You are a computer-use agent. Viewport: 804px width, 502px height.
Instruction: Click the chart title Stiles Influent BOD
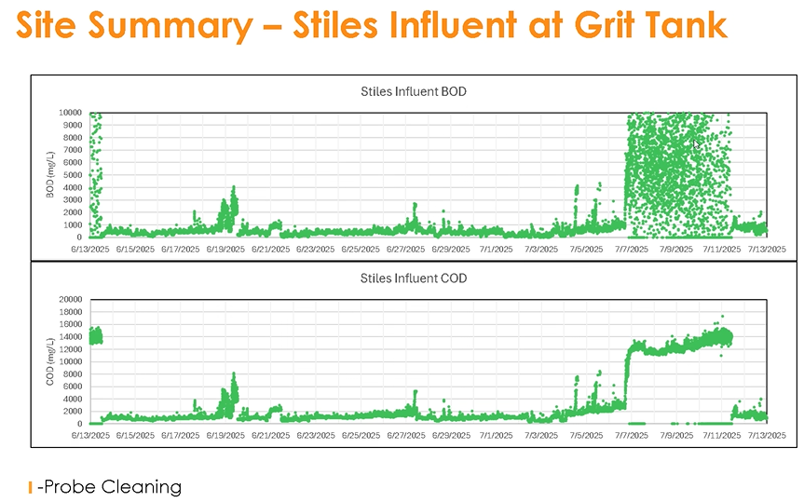tap(414, 92)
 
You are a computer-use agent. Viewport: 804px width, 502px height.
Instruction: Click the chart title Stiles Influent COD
tap(414, 278)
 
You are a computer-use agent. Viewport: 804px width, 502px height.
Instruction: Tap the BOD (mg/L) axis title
tap(50, 174)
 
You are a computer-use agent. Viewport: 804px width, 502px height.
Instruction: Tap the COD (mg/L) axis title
tap(50, 361)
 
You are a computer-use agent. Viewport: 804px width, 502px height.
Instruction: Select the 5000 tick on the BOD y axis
tap(75, 174)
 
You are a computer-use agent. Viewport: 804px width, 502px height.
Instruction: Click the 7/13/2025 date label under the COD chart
tap(765, 435)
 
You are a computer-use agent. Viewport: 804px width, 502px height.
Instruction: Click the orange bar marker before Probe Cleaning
tap(31, 486)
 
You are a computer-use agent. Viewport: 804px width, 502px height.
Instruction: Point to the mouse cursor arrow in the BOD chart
tap(697, 144)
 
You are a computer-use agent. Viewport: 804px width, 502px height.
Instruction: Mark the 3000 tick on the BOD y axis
tap(75, 199)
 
